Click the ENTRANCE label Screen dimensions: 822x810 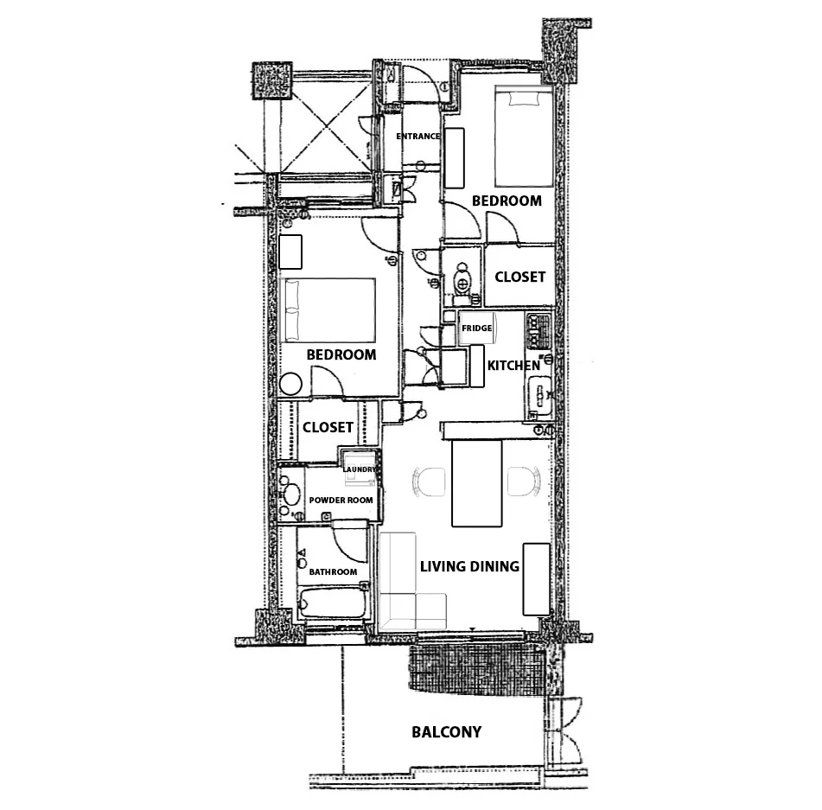[417, 137]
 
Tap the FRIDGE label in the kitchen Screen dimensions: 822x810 [476, 328]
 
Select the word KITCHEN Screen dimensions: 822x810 [513, 366]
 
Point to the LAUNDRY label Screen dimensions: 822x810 [359, 469]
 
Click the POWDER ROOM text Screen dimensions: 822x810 [341, 501]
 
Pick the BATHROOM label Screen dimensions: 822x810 [333, 572]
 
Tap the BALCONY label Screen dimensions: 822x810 [446, 732]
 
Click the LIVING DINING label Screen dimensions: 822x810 [469, 566]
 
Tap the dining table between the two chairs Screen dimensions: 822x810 [476, 483]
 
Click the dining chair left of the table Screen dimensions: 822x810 [429, 482]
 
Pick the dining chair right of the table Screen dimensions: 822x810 [525, 481]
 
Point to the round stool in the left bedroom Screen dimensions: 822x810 [290, 385]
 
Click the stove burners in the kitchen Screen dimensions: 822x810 [538, 331]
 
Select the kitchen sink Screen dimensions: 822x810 [538, 396]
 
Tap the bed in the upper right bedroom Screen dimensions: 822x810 [524, 137]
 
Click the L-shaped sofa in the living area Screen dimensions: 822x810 [412, 582]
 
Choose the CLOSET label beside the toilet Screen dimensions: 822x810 [520, 277]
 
